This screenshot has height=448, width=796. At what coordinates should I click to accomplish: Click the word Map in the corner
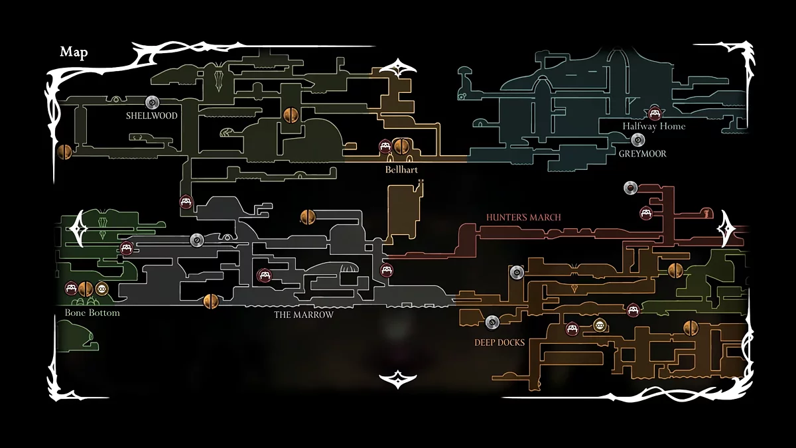[74, 52]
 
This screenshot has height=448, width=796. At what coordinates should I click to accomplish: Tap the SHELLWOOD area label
[152, 115]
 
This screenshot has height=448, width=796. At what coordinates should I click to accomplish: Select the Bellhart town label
[401, 170]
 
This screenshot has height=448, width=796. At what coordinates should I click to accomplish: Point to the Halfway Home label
[653, 126]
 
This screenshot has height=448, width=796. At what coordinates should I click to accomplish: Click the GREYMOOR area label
[642, 153]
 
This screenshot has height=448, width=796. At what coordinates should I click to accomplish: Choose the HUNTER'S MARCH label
[523, 217]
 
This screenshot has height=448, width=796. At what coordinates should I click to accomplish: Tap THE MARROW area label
[304, 315]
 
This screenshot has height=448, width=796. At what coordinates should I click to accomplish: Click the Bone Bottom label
[92, 312]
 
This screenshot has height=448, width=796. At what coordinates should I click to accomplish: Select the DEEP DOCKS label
[499, 342]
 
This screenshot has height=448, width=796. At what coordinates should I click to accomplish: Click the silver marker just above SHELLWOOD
[151, 102]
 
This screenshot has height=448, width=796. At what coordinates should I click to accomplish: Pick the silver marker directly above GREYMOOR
[638, 139]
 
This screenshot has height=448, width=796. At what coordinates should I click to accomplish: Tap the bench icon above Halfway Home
[655, 112]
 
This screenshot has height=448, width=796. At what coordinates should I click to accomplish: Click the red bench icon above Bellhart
[385, 146]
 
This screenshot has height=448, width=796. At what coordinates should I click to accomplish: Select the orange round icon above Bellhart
[400, 146]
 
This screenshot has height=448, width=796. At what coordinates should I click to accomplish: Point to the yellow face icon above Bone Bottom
[101, 289]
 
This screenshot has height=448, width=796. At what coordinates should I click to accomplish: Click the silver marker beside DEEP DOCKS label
[492, 322]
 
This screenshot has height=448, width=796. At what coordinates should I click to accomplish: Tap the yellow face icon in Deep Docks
[600, 325]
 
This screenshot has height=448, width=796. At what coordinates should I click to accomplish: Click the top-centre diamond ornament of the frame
[397, 68]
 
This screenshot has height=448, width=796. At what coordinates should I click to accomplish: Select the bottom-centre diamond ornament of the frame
[397, 379]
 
